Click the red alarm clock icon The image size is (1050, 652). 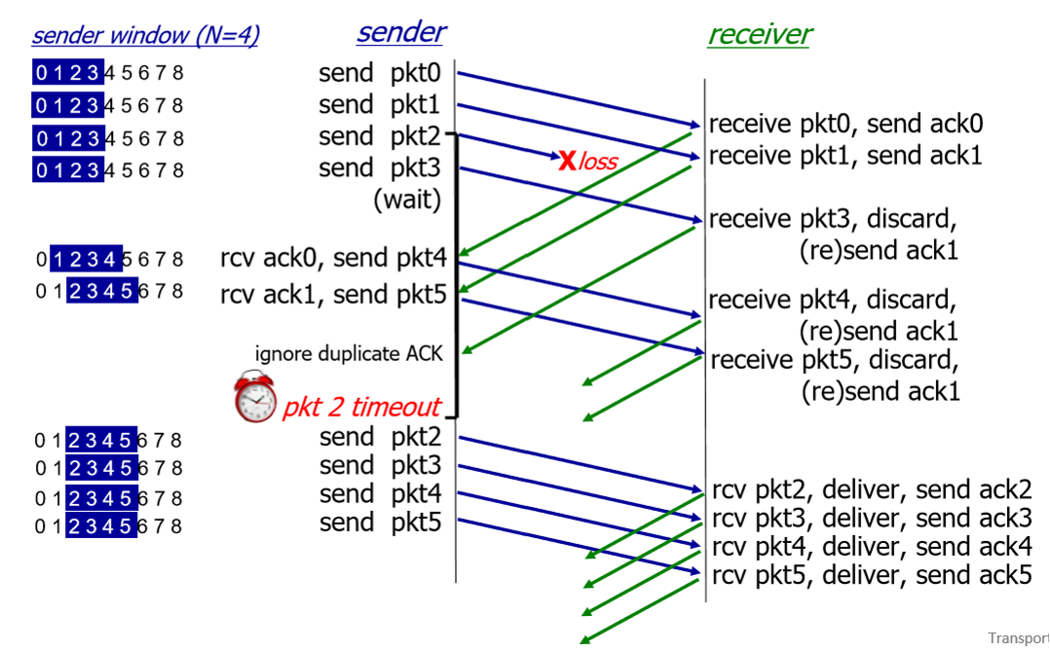pos(255,397)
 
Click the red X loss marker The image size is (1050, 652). pos(567,161)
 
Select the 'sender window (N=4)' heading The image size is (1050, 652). pos(145,36)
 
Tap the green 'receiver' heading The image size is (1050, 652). pos(759,35)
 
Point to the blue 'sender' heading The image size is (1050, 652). pos(400,31)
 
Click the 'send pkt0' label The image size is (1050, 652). pos(380,73)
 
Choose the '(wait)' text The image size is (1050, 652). pos(407,200)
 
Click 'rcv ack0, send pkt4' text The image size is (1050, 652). pos(333,259)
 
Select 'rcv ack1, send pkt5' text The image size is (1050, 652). pos(333,293)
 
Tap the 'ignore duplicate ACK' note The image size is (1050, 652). pos(349,353)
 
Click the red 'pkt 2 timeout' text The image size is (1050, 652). pos(361,407)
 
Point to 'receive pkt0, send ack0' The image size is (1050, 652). pos(845,125)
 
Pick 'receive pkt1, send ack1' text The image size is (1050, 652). pos(845,155)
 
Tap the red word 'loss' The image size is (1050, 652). pos(598,162)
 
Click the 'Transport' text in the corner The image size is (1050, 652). pos(1018,638)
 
